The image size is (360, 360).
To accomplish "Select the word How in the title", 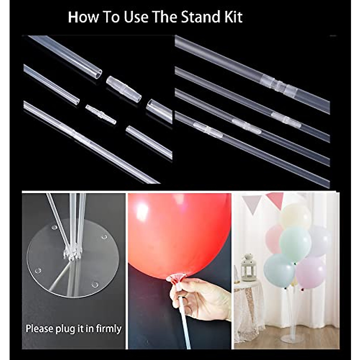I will (x=82, y=17).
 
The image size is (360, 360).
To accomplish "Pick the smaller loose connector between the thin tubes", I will (x=100, y=114).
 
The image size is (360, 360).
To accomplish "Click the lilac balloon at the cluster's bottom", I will (x=310, y=271).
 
